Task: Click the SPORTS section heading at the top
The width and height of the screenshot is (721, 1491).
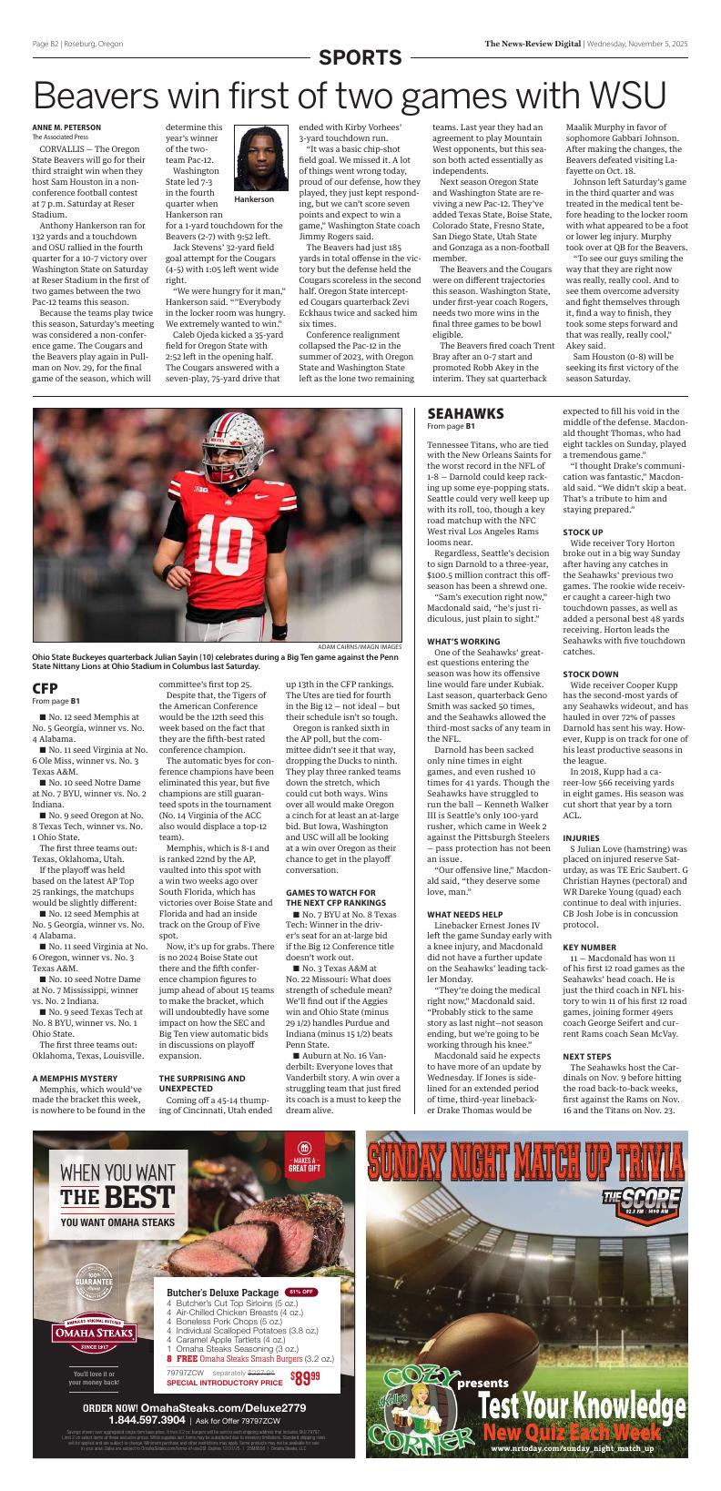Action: [x=360, y=58]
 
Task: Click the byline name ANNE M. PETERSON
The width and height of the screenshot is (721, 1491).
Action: [x=66, y=127]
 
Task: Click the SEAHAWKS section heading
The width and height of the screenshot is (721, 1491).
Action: [x=465, y=413]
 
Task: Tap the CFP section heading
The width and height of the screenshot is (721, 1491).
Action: [x=46, y=688]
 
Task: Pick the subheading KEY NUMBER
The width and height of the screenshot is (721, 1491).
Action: [x=590, y=948]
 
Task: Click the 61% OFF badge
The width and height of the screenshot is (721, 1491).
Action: [x=301, y=1292]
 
